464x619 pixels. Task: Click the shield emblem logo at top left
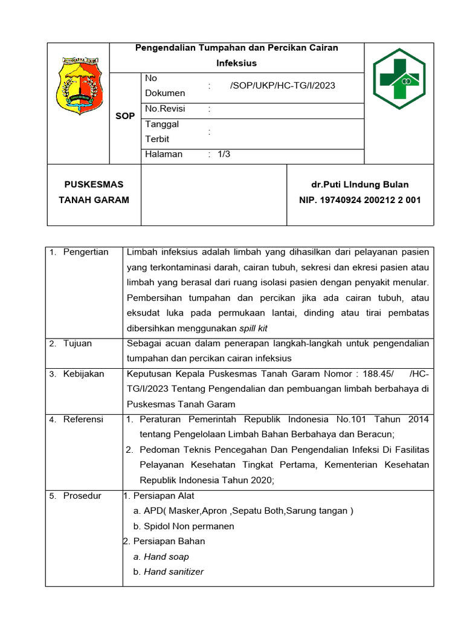(x=79, y=85)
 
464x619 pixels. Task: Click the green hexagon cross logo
(x=399, y=78)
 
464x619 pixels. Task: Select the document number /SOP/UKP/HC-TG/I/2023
(x=282, y=86)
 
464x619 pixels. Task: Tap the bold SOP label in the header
(x=125, y=116)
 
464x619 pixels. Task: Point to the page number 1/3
(x=224, y=154)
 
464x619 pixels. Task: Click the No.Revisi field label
(x=165, y=109)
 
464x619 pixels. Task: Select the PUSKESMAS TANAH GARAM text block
(x=94, y=192)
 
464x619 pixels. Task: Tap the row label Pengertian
(x=85, y=252)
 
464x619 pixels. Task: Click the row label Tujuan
(x=77, y=343)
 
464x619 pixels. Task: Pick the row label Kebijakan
(x=83, y=374)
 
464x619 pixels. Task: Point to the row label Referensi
(x=83, y=419)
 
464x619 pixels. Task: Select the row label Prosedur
(x=82, y=496)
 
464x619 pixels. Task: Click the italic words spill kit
(x=253, y=328)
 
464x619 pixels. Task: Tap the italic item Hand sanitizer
(x=173, y=572)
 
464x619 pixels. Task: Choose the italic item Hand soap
(x=166, y=557)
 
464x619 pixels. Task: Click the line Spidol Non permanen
(x=188, y=526)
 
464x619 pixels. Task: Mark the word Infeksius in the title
(x=236, y=63)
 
